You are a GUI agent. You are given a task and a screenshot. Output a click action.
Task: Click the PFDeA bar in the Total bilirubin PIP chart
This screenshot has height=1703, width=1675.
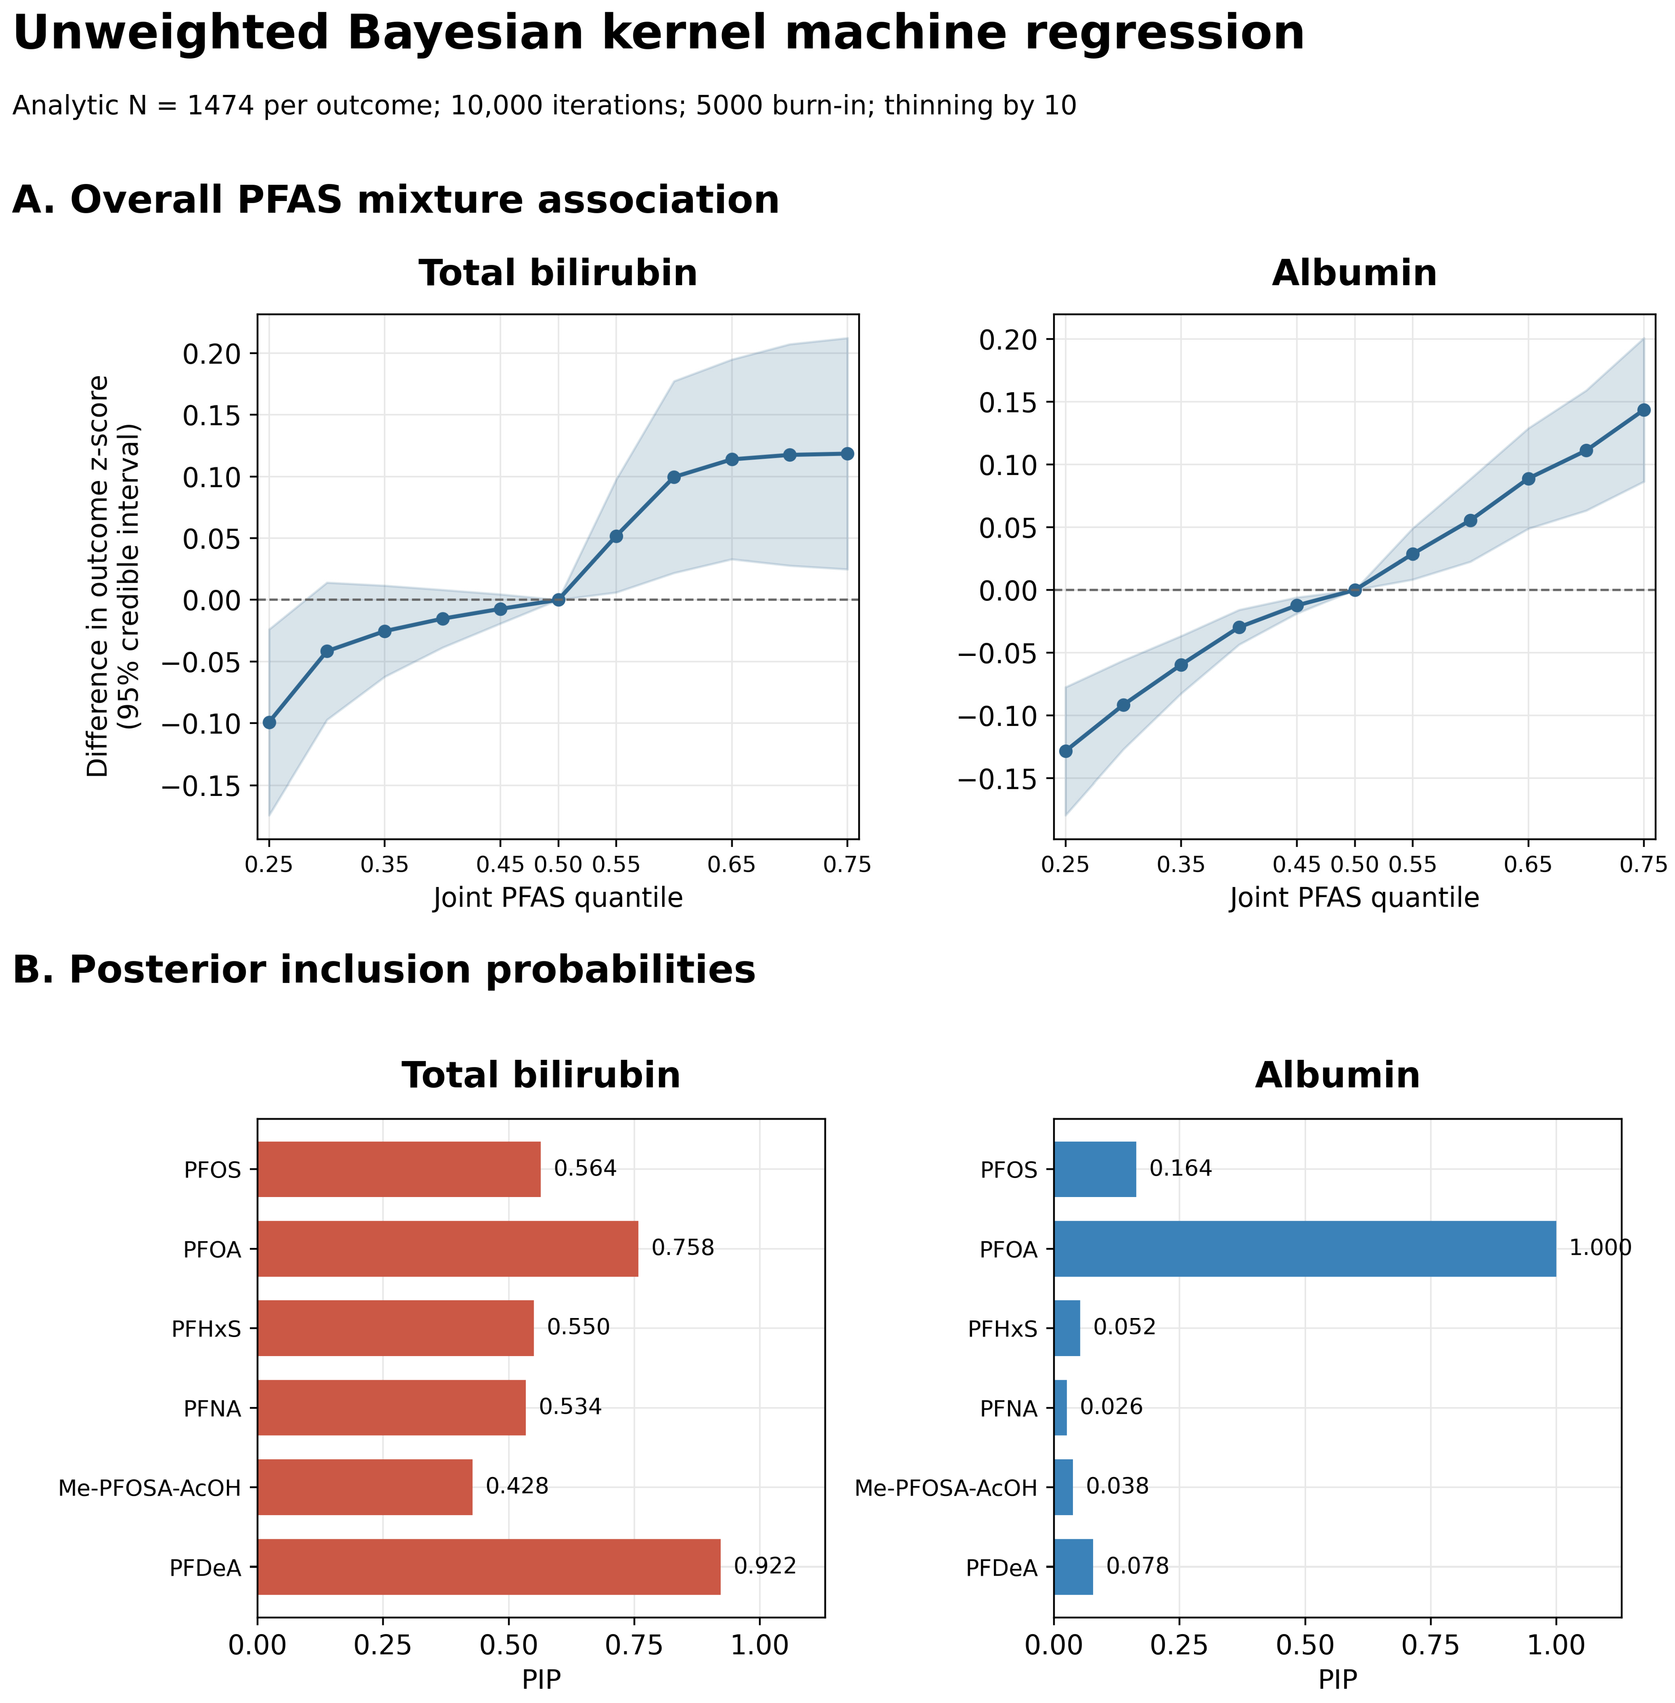(489, 1567)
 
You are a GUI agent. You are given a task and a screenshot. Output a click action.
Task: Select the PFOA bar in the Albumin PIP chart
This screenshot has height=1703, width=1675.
(1305, 1249)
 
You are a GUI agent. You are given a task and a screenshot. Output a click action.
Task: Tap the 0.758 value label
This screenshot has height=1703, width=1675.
(683, 1248)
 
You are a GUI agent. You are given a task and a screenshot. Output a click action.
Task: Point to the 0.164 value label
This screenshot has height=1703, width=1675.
(1180, 1169)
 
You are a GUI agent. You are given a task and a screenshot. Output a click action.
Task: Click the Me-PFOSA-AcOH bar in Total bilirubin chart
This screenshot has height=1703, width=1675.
(365, 1487)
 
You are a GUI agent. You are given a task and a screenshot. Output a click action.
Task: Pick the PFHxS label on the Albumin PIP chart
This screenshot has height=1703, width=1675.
(1003, 1329)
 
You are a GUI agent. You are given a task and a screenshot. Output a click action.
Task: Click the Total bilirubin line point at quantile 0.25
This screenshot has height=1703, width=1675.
(269, 723)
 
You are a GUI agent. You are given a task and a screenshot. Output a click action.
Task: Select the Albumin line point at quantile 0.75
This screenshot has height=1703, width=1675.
(1643, 410)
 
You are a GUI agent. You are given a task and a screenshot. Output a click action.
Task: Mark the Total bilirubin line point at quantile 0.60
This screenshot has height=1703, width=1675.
(674, 477)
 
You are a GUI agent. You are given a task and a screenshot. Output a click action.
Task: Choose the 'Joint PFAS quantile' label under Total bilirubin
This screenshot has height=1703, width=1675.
(558, 899)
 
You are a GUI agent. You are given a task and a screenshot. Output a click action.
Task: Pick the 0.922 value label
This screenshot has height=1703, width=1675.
(765, 1566)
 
